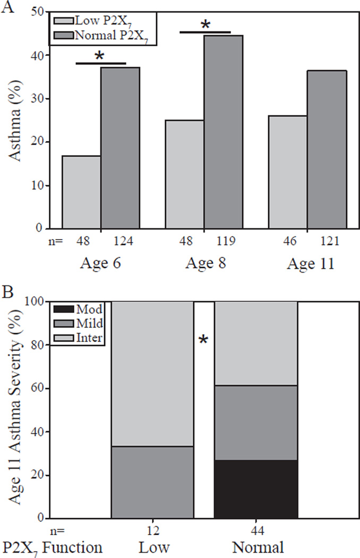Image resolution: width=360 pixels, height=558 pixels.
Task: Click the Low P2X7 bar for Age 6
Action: pos(82,192)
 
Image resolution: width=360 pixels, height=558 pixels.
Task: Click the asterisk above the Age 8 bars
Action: pos(205,25)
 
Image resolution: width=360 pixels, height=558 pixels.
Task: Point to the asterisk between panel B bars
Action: pos(203,340)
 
